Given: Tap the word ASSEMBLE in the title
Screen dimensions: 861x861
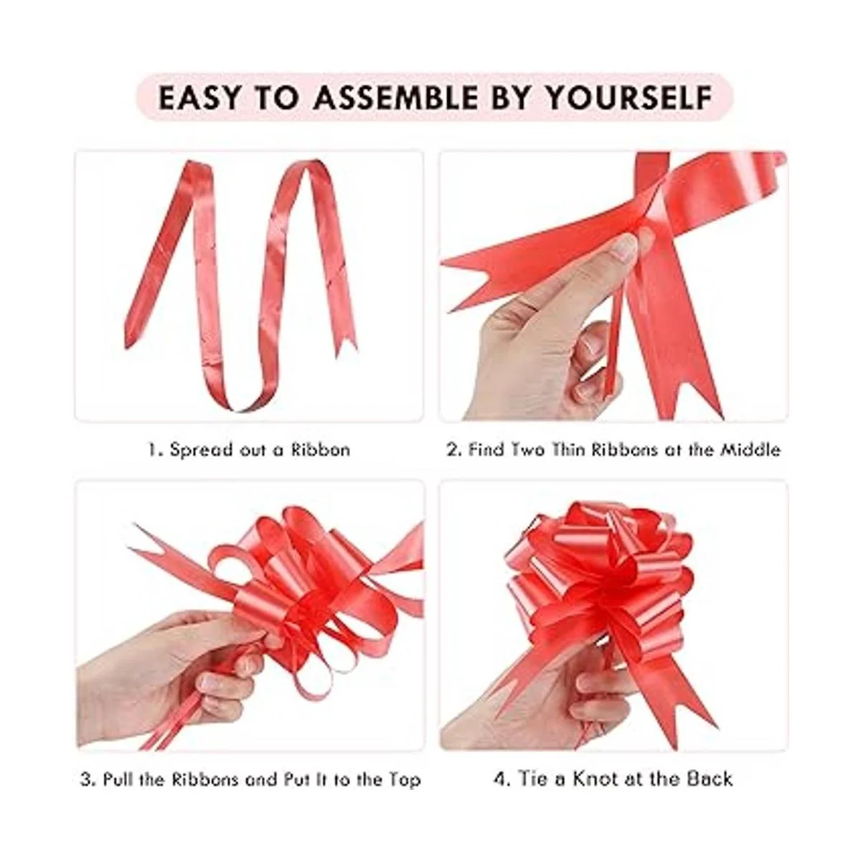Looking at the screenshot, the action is (x=395, y=98).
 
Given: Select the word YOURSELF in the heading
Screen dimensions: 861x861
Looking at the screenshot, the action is (x=629, y=98).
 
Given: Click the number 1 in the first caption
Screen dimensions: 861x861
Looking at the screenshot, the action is (x=153, y=450).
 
